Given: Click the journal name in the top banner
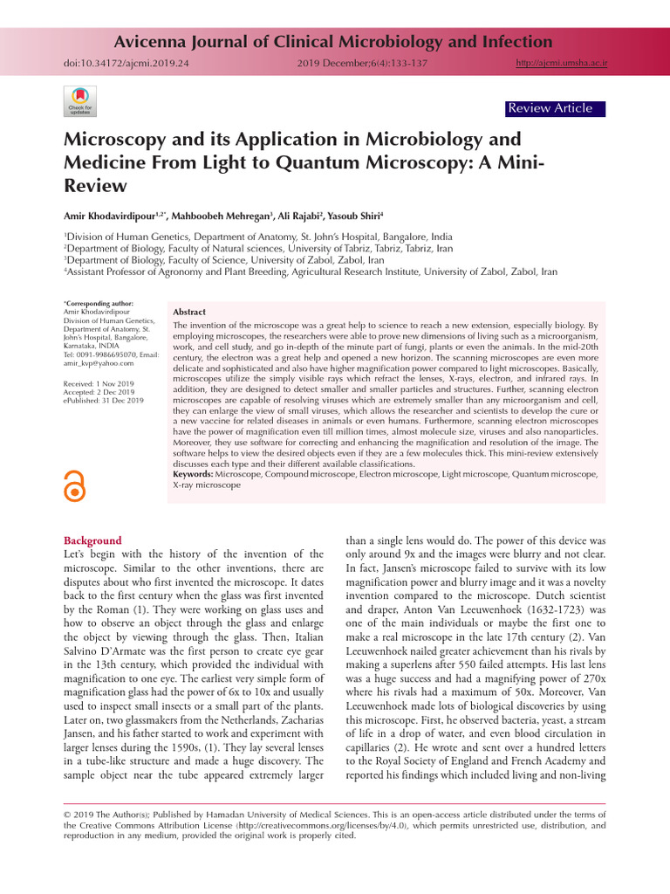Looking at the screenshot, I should (x=334, y=41).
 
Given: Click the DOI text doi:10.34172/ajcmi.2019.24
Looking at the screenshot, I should (x=127, y=64).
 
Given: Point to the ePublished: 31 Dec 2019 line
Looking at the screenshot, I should (x=105, y=401).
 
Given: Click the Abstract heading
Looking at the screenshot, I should (x=189, y=312).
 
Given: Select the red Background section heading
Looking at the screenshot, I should (x=93, y=540).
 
